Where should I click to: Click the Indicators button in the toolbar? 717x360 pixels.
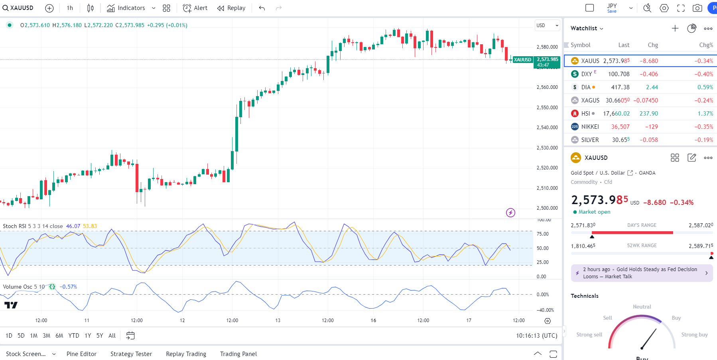(126, 8)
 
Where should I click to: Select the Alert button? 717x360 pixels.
(195, 8)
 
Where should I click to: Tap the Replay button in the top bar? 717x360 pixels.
(231, 8)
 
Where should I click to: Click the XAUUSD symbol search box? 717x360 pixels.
(18, 8)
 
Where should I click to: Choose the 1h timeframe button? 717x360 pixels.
(70, 8)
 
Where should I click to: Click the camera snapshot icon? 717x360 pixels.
(697, 8)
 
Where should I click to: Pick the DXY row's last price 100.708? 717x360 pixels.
(619, 74)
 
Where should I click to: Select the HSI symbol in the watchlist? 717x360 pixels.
(585, 114)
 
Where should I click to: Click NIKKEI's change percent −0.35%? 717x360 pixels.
(703, 127)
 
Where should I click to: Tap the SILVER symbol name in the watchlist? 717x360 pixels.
(590, 140)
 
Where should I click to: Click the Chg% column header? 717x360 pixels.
(706, 45)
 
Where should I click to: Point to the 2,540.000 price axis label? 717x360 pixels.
(547, 128)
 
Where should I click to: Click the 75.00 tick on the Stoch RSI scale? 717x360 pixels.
(542, 234)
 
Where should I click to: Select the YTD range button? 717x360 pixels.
(74, 336)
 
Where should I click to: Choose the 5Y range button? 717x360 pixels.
(100, 336)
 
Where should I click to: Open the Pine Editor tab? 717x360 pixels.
(81, 354)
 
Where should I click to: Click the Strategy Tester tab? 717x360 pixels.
(131, 354)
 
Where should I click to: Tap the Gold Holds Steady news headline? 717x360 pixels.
(640, 273)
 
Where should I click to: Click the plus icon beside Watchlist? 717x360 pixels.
(675, 28)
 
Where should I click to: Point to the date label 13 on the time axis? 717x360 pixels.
(278, 321)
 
